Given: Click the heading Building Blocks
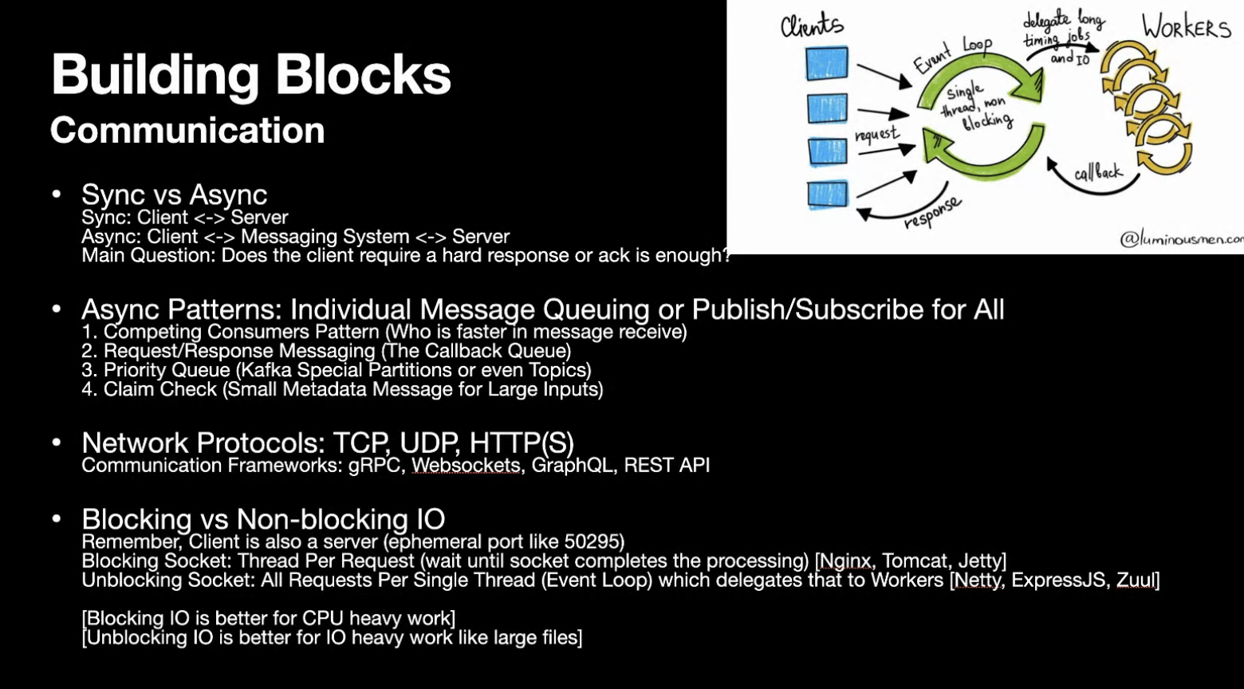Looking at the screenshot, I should tap(251, 76).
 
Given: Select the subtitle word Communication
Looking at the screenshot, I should tap(187, 131).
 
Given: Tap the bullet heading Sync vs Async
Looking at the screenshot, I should tap(174, 195).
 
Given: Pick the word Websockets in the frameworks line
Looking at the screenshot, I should tap(466, 465).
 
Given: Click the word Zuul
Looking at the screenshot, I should tap(1136, 580).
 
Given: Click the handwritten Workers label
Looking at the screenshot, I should tap(1186, 28).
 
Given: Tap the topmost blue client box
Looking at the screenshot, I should tap(826, 64).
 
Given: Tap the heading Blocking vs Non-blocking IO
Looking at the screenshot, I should tap(262, 520).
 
